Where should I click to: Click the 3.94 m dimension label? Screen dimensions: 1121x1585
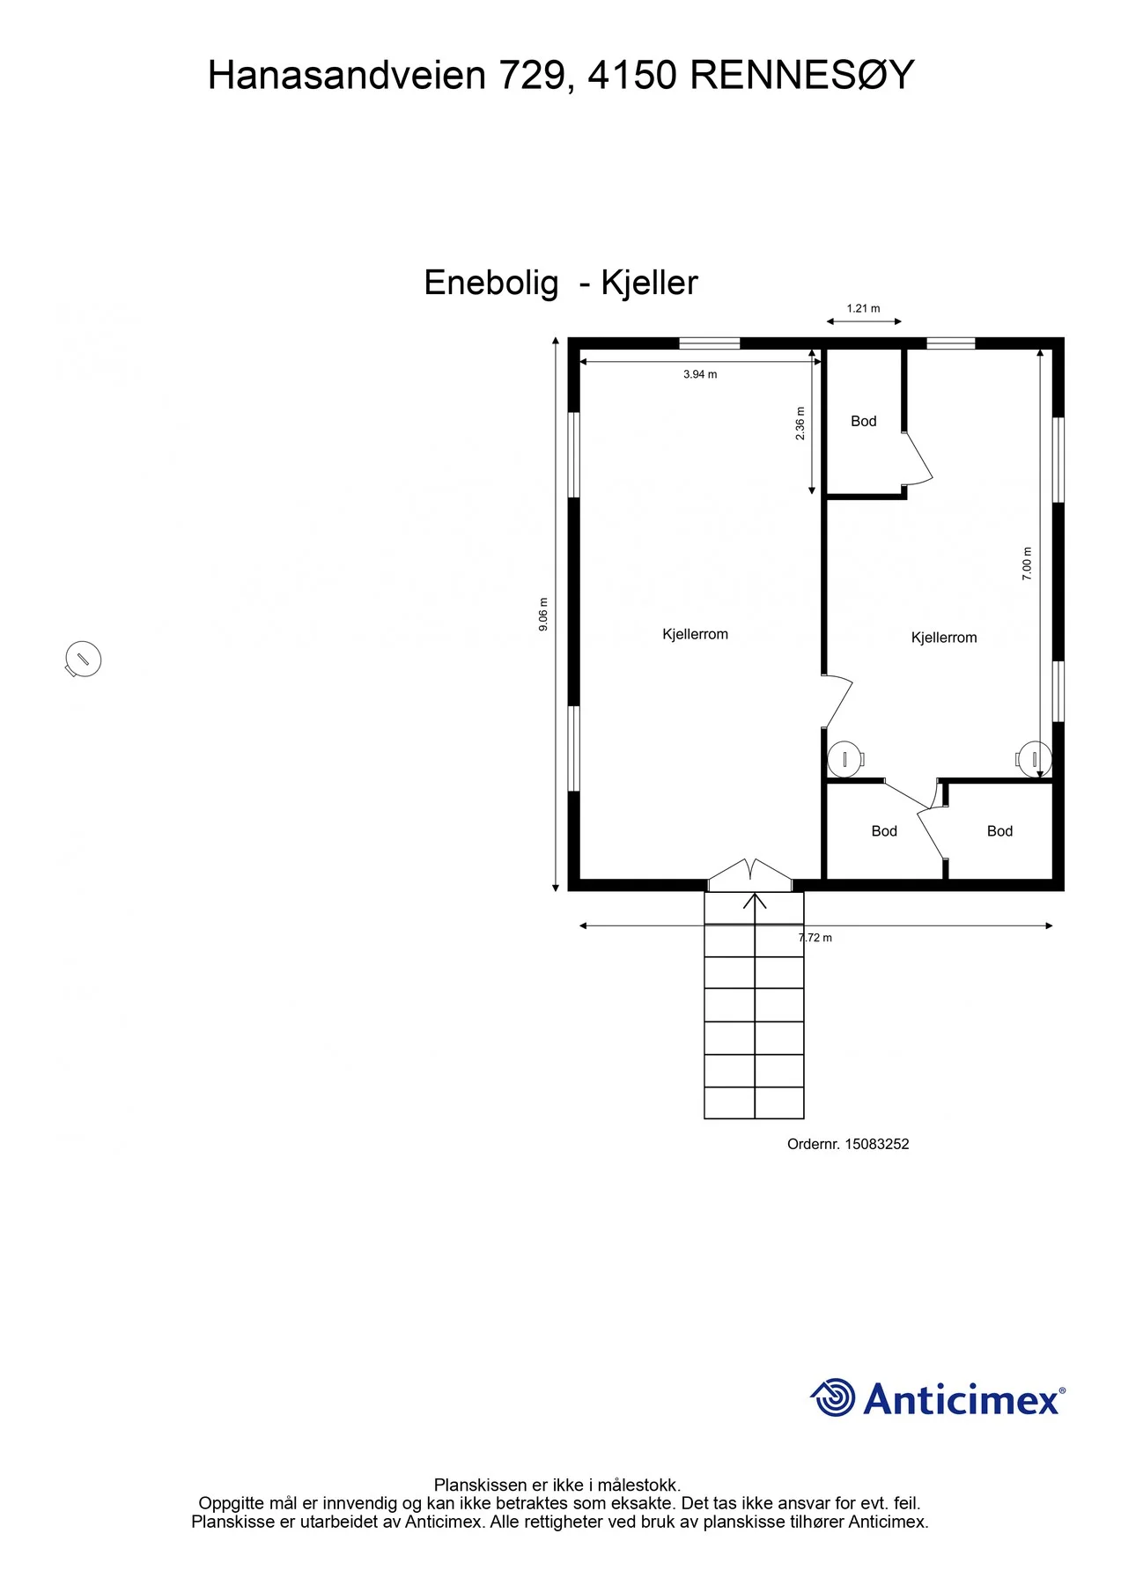(700, 374)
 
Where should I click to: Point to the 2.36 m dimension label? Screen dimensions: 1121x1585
(800, 424)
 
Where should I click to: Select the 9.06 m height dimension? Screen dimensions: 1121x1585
(543, 614)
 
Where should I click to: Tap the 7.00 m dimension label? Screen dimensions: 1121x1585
(1027, 564)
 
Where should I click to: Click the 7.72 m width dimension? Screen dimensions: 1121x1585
(815, 938)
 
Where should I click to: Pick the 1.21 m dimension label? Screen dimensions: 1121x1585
(863, 308)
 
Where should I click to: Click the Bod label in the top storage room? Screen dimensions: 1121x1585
(864, 421)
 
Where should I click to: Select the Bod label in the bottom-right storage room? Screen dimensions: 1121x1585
(999, 831)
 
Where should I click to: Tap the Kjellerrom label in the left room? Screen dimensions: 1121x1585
(696, 634)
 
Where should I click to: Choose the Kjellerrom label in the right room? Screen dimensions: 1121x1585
(944, 638)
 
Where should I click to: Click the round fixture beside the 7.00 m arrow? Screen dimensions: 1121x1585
(1034, 759)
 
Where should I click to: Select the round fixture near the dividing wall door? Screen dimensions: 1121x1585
(846, 759)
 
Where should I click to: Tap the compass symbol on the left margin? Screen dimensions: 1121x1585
(83, 659)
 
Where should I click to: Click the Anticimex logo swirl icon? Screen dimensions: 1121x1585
(833, 1397)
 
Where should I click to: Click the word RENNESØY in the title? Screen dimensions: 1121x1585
(802, 76)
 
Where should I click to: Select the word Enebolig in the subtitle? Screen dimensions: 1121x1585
(491, 284)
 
